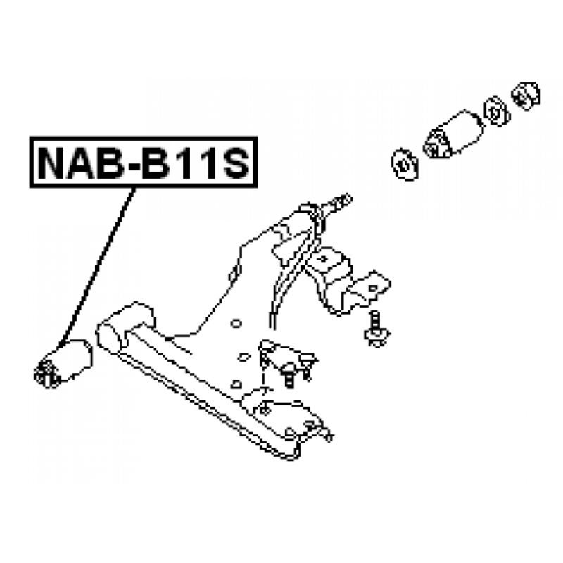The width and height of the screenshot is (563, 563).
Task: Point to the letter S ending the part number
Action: (233, 163)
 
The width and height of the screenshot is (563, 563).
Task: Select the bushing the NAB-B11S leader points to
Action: (63, 363)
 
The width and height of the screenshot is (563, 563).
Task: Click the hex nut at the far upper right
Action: (526, 96)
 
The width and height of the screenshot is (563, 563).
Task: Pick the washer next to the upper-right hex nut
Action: (497, 111)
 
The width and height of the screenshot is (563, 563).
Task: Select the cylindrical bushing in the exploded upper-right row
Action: (453, 134)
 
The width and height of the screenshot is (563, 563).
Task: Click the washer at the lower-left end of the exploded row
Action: (405, 165)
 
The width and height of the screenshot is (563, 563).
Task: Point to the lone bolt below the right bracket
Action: (377, 329)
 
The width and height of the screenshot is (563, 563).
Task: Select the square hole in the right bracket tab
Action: (374, 288)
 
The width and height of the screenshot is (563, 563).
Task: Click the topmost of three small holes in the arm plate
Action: (236, 324)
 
